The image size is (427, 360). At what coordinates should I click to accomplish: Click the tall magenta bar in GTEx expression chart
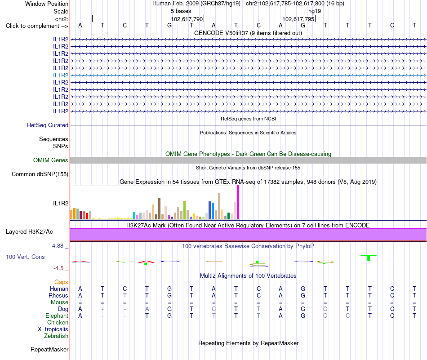click(238, 202)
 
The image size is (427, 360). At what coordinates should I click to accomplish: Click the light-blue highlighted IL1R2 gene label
click(61, 75)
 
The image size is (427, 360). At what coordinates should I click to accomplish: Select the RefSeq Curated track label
click(48, 125)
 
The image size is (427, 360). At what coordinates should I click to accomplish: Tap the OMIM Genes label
click(51, 160)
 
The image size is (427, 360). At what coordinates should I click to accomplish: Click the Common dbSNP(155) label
click(40, 174)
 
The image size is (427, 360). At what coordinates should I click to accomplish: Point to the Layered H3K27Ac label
click(29, 232)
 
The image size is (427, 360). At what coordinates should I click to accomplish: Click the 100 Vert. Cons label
click(25, 257)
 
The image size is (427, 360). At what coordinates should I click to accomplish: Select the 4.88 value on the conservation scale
click(58, 246)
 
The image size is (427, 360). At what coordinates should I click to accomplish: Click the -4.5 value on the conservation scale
click(58, 268)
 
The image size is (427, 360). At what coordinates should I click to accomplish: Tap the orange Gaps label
click(61, 282)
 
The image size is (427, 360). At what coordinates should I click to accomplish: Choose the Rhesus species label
click(58, 295)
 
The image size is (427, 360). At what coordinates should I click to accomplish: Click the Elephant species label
click(57, 316)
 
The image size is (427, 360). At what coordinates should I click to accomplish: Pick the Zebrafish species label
click(56, 336)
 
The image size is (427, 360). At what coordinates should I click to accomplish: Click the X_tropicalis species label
click(53, 329)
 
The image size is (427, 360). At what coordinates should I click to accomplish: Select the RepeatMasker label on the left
click(49, 349)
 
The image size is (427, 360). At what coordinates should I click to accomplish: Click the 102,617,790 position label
click(187, 19)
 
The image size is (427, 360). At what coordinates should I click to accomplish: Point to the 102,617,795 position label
click(298, 19)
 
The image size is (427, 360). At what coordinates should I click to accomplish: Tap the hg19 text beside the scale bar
click(315, 11)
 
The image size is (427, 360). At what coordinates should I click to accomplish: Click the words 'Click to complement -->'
click(37, 26)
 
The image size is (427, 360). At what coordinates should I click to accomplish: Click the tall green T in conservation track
click(369, 258)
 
